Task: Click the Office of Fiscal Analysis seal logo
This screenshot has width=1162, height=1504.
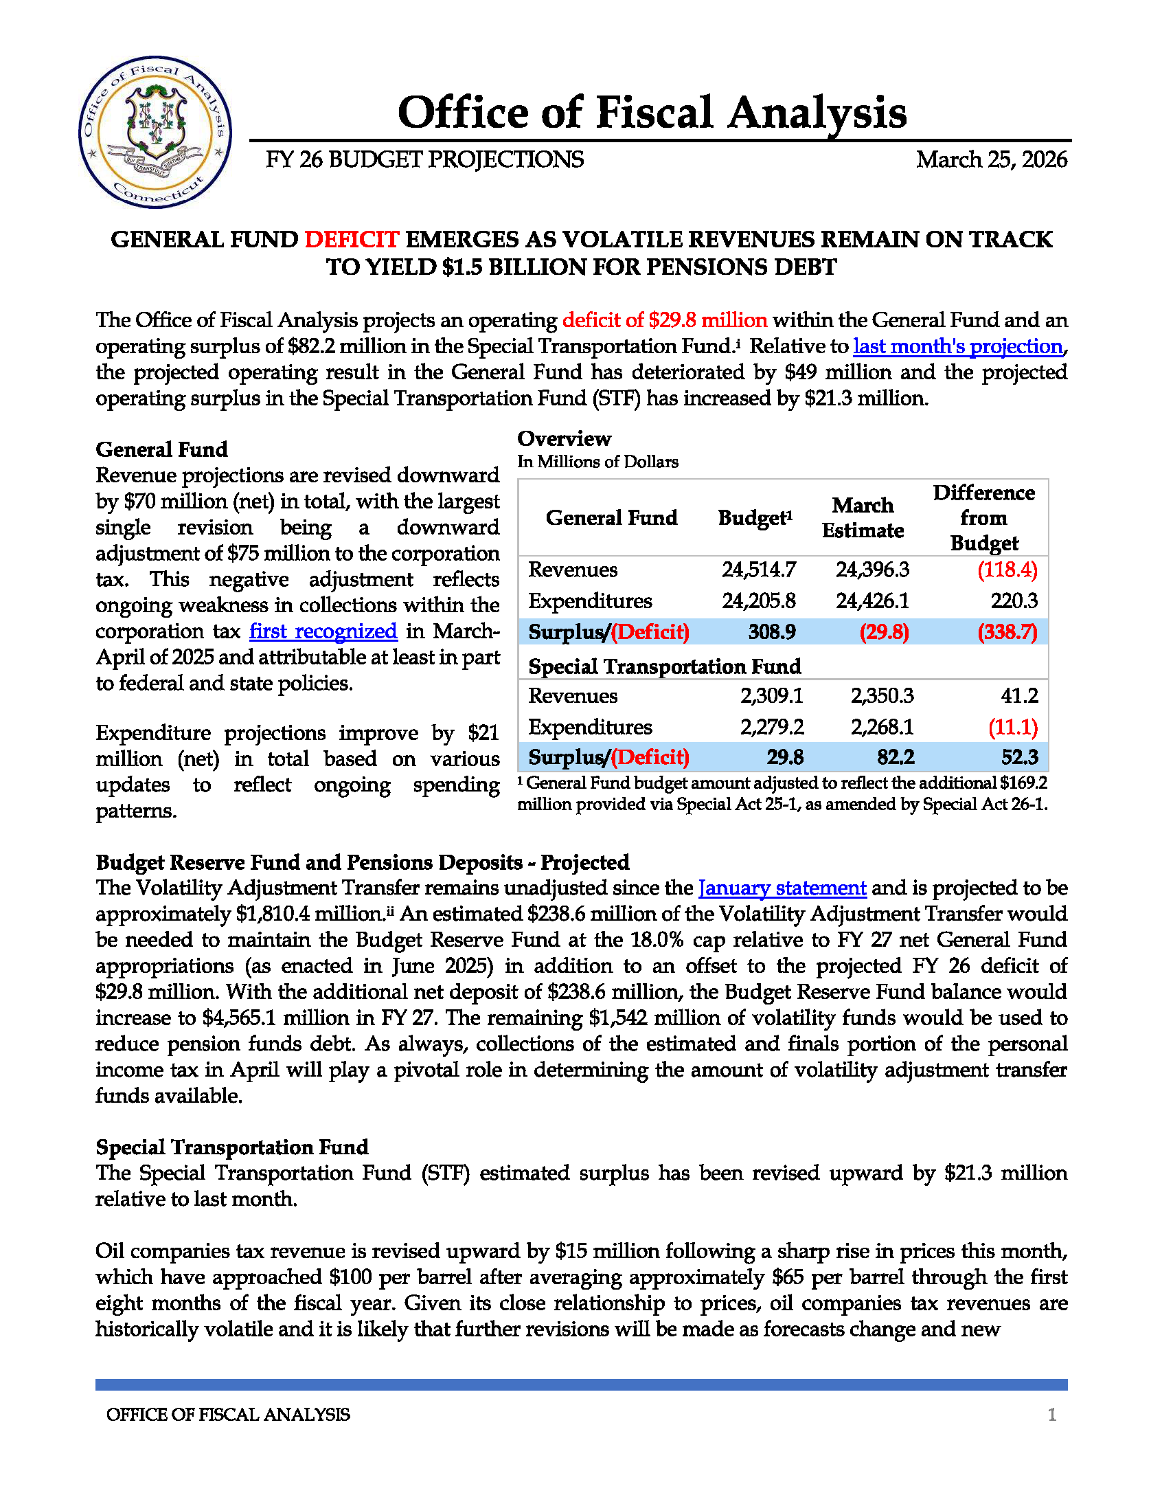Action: pyautogui.click(x=155, y=131)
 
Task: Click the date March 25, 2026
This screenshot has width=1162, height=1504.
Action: pyautogui.click(x=990, y=160)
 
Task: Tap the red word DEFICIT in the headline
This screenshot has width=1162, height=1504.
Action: pyautogui.click(x=351, y=240)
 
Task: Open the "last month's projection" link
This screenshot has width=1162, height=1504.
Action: pyautogui.click(x=957, y=346)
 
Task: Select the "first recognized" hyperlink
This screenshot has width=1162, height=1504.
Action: pyautogui.click(x=323, y=631)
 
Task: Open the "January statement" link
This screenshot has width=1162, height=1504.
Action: pyautogui.click(x=782, y=888)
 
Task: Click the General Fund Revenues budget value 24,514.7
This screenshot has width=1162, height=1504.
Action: pyautogui.click(x=759, y=570)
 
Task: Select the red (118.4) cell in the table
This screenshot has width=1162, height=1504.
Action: pyautogui.click(x=1007, y=570)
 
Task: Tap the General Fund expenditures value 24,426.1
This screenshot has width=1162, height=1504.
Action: pyautogui.click(x=872, y=601)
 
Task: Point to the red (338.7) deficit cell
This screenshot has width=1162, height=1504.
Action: pyautogui.click(x=1007, y=632)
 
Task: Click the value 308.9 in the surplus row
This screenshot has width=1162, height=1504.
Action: pyautogui.click(x=772, y=632)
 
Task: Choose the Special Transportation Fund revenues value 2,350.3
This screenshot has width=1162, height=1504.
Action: pyautogui.click(x=882, y=695)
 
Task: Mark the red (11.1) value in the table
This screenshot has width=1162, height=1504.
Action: pyautogui.click(x=1012, y=727)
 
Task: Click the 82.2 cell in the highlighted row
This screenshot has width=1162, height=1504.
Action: pyautogui.click(x=896, y=758)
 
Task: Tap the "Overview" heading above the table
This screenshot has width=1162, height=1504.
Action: pyautogui.click(x=564, y=438)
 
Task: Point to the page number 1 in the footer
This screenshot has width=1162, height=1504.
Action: pyautogui.click(x=1051, y=1415)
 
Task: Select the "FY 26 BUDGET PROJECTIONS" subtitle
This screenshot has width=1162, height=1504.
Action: pyautogui.click(x=424, y=160)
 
